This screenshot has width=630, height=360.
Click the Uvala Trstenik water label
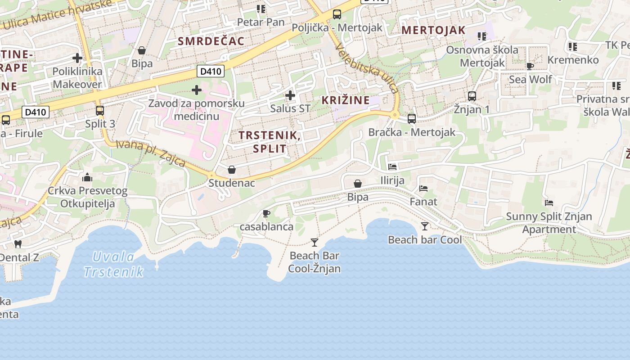pyautogui.click(x=113, y=264)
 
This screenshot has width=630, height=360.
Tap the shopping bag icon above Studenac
pyautogui.click(x=232, y=170)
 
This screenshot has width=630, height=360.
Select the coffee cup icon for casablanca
pyautogui.click(x=266, y=213)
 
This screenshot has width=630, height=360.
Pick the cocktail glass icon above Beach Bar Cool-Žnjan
pyautogui.click(x=315, y=243)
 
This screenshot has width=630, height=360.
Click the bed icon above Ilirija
pyautogui.click(x=392, y=167)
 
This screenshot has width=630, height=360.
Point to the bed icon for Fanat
pyautogui.click(x=423, y=189)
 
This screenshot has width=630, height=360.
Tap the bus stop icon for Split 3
pyautogui.click(x=100, y=110)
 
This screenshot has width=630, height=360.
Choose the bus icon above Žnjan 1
pyautogui.click(x=472, y=96)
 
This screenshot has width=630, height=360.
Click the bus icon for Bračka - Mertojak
pyautogui.click(x=412, y=119)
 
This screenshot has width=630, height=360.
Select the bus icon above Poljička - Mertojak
pyautogui.click(x=337, y=14)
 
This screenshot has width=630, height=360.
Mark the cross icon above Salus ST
pyautogui.click(x=290, y=95)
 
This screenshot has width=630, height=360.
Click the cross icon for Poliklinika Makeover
pyautogui.click(x=77, y=58)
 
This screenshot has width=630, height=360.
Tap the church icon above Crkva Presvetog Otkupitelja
pyautogui.click(x=87, y=177)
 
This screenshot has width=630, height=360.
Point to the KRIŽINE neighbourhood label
pyautogui.click(x=346, y=100)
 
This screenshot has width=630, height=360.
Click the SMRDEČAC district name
pyautogui.click(x=211, y=41)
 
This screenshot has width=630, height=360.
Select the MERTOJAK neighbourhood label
pyautogui.click(x=433, y=30)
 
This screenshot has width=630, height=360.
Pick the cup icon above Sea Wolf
pyautogui.click(x=530, y=67)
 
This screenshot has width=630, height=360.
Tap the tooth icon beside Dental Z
pyautogui.click(x=18, y=244)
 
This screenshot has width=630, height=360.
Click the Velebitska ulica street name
pyautogui.click(x=367, y=68)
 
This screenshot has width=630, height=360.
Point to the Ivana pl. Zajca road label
pyautogui.click(x=151, y=153)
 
